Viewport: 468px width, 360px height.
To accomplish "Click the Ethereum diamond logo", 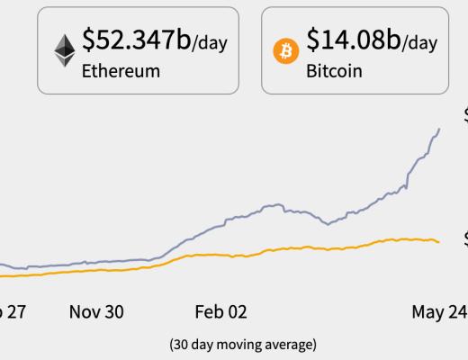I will (64, 50).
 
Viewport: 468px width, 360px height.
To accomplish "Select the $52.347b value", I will (135, 40).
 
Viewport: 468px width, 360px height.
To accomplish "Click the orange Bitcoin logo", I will (286, 51).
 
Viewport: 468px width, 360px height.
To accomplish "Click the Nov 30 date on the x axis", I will (96, 312).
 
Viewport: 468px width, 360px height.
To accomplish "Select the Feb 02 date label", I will (220, 312).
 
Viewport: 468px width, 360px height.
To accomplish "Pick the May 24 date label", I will (438, 312).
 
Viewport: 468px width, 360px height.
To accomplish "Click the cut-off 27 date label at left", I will (13, 312).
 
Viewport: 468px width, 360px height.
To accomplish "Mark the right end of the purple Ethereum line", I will (439, 129).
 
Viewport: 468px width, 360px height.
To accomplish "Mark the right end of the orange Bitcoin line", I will (438, 242).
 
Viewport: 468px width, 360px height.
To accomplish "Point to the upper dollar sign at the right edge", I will (464, 115).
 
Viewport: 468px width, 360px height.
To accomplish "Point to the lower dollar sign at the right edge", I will (464, 238).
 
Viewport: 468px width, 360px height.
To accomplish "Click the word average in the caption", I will (290, 345).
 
